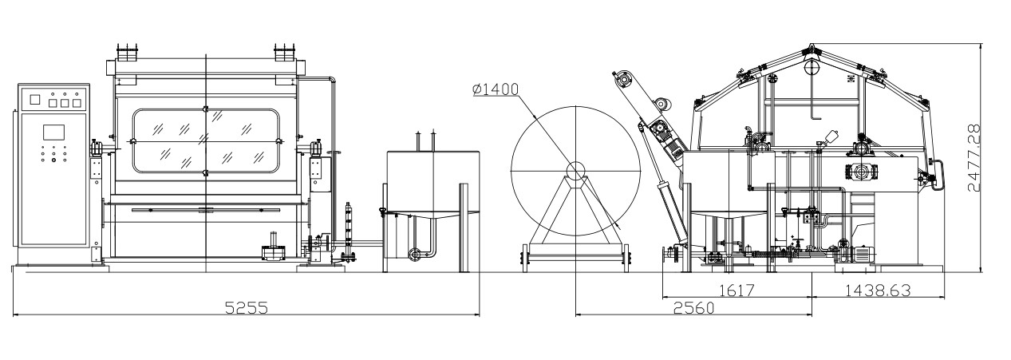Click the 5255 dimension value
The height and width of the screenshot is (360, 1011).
coord(247,308)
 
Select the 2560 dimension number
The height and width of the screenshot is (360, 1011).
coord(693,308)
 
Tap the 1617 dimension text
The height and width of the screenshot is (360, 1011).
coord(737,291)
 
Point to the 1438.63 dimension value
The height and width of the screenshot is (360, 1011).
coord(878,291)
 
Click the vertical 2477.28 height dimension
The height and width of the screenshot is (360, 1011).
coord(975,158)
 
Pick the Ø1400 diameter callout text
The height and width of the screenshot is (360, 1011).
coord(496,89)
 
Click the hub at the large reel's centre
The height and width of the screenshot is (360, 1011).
coord(575,171)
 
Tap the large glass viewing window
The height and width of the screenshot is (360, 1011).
coord(206,141)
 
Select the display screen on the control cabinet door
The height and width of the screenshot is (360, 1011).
coord(53,133)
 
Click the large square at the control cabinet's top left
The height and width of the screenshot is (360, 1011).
coord(35,99)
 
